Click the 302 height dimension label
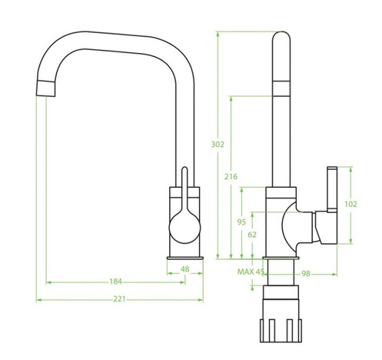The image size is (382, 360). tap(218, 145)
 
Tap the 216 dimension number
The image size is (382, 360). tap(231, 177)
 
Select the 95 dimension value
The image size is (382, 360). tap(241, 222)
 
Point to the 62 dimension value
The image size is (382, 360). tap(252, 235)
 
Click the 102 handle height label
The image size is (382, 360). tap(350, 205)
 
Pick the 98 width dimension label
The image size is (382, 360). tap(306, 274)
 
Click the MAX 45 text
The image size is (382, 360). tap(251, 272)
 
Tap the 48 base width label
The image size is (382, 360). tap(184, 269)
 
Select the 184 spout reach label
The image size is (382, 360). tap(115, 282)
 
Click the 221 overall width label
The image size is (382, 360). tap(119, 299)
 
